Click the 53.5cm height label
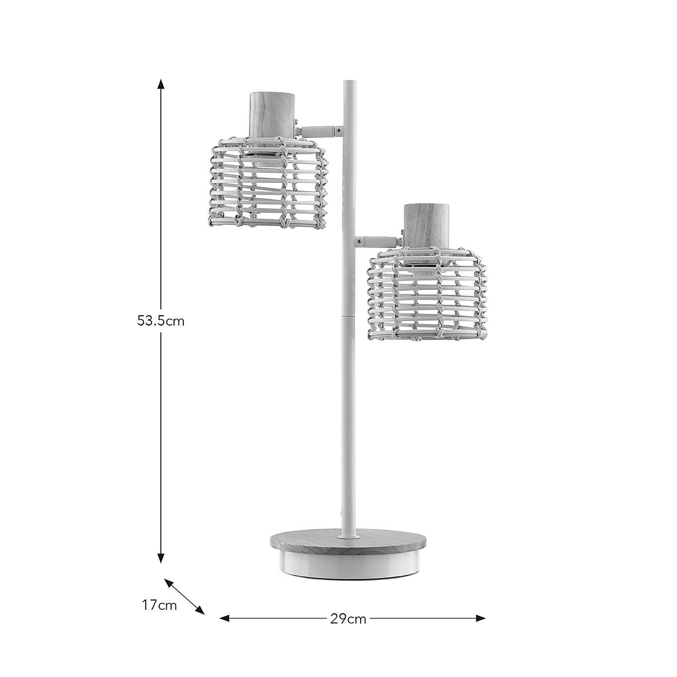pos(161,321)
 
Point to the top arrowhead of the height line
pos(161,84)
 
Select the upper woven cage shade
pos(268,183)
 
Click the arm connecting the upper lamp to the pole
pos(319,131)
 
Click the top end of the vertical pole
pos(349,84)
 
